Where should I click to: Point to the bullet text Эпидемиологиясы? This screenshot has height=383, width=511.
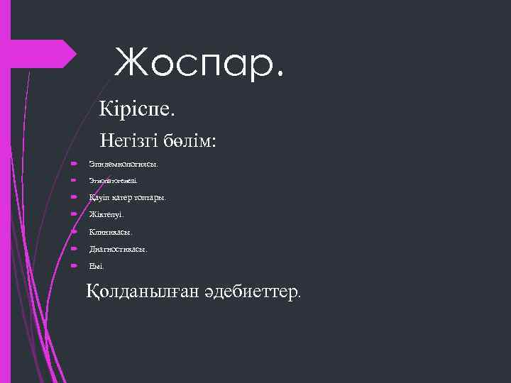[x=123, y=165]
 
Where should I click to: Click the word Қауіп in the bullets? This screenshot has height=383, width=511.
[x=99, y=198]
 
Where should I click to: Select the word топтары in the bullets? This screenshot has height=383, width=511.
[x=150, y=198]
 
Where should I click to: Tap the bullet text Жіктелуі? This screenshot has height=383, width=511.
[x=106, y=214]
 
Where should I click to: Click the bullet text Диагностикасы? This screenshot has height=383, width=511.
[x=119, y=249]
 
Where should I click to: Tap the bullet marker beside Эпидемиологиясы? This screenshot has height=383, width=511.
[x=74, y=164]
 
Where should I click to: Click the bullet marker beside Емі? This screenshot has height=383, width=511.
[x=74, y=265]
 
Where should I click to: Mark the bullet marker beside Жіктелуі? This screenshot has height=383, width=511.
[x=74, y=214]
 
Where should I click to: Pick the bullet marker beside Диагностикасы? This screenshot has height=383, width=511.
[x=74, y=248]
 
